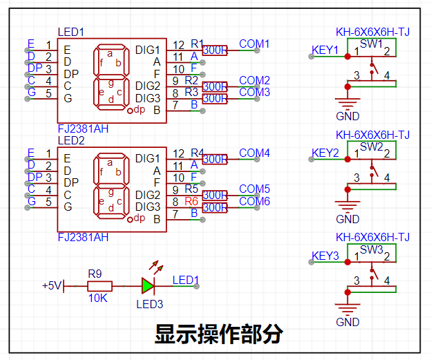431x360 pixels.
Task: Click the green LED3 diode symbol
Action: click(148, 286)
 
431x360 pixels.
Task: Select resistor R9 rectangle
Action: click(99, 286)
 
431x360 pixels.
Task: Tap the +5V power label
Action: click(51, 286)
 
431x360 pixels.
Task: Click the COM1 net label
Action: click(254, 44)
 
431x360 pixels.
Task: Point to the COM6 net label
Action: click(255, 201)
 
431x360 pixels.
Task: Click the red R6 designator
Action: click(191, 201)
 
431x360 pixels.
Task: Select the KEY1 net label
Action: click(325, 50)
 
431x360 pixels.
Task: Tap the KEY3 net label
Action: click(325, 256)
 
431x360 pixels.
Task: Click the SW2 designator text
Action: click(372, 147)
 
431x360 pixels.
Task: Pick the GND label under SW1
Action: click(347, 116)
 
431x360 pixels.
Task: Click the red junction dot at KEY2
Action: click(347, 159)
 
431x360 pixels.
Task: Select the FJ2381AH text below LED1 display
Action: click(83, 129)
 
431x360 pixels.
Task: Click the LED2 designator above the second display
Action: click(71, 140)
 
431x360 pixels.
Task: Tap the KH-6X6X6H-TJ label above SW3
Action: click(372, 237)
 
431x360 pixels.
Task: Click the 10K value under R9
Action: click(97, 298)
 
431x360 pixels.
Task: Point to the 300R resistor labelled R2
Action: click(215, 86)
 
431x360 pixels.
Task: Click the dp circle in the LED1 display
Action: click(130, 111)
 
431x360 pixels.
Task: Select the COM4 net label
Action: click(255, 153)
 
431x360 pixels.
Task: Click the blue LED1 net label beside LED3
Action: click(186, 281)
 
